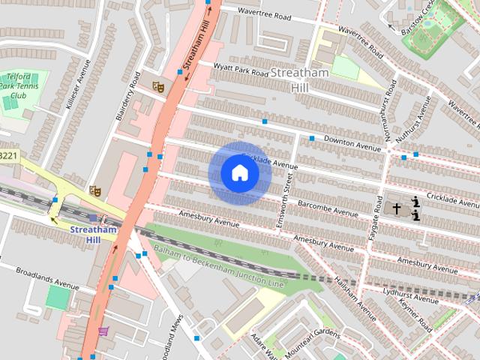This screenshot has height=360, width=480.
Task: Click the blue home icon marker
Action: click(x=239, y=173)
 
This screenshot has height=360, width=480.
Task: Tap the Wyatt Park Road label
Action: click(x=231, y=70)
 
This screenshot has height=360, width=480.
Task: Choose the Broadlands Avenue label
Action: click(x=46, y=278)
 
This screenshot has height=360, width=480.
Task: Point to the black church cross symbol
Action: click(x=397, y=209)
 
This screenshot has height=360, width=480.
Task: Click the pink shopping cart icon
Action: click(x=103, y=331)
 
